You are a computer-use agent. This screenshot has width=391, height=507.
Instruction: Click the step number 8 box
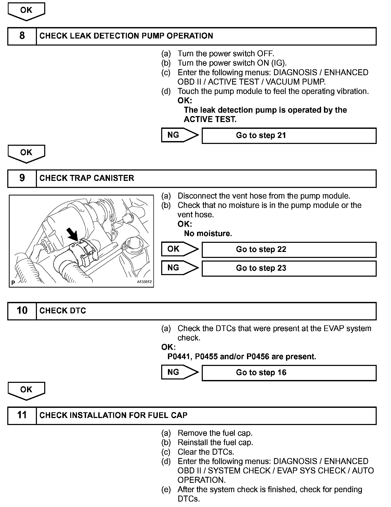(22, 36)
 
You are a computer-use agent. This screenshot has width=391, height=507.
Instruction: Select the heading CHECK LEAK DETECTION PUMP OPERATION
(126, 36)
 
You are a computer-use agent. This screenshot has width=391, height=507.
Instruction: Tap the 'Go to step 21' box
(289, 136)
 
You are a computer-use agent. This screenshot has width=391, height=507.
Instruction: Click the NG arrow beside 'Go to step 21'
(179, 135)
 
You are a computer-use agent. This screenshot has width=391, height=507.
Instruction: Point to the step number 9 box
(22, 179)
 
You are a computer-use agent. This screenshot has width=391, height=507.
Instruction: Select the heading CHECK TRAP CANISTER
(87, 178)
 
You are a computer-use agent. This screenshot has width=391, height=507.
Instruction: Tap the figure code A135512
(144, 282)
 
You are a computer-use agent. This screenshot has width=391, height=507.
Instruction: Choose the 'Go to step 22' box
(289, 250)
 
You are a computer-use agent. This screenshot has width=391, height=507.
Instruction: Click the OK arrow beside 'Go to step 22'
(179, 249)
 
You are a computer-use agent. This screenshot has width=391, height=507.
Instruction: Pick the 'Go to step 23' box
(289, 268)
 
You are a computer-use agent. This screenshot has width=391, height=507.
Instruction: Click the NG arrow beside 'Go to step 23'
(179, 268)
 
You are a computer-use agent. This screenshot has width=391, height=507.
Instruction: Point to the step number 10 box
(22, 311)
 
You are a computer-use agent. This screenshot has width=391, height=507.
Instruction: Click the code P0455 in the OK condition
(206, 357)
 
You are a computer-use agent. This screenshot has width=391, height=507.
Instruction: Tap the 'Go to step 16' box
(289, 373)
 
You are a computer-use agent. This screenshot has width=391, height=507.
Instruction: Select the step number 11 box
(22, 415)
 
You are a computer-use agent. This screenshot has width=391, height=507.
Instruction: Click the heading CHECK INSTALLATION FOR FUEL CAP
(113, 415)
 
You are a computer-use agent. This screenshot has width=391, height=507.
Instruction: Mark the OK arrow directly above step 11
(26, 391)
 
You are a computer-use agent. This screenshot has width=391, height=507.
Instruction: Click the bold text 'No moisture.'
(208, 234)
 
